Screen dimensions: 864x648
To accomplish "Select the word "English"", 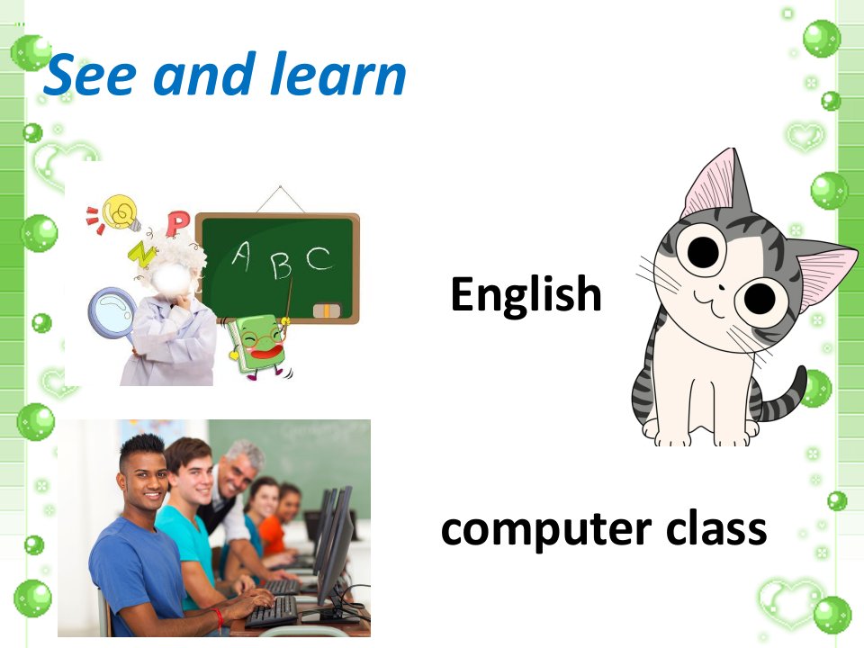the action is point(526,295).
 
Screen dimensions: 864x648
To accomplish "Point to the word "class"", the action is point(716,526).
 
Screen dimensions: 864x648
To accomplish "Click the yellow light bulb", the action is point(123,212).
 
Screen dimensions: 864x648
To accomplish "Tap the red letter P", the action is point(177,223).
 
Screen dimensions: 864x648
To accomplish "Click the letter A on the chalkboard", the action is point(241,256).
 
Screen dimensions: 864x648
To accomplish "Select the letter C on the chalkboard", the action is point(319,258).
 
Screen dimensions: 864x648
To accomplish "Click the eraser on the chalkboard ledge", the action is point(327,310).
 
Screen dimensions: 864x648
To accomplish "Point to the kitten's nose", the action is point(721,287).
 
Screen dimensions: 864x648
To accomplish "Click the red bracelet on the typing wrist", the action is point(219,618).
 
